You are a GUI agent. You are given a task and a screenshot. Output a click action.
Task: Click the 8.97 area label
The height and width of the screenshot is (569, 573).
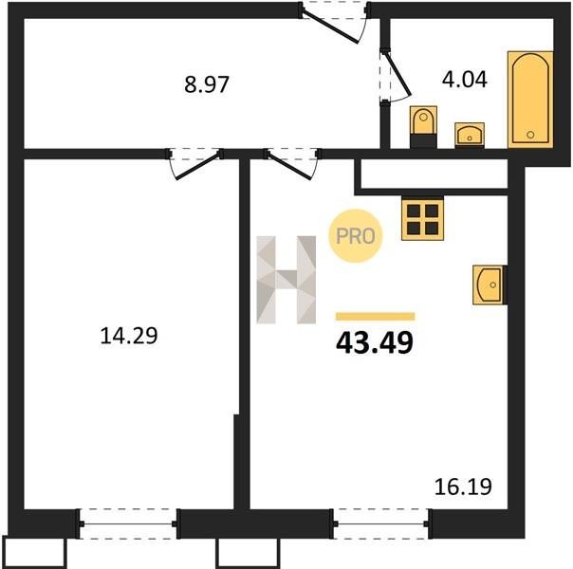[207, 84]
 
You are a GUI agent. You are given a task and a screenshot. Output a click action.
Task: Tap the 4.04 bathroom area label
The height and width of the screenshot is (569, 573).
[465, 80]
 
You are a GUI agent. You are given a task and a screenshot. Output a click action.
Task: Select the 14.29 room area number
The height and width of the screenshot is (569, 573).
[129, 336]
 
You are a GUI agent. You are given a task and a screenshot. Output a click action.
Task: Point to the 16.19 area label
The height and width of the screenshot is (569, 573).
[463, 486]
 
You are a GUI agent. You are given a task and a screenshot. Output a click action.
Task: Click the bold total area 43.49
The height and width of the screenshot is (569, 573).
[375, 343]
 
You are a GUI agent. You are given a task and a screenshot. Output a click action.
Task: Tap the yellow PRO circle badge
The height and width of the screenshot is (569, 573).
[356, 236]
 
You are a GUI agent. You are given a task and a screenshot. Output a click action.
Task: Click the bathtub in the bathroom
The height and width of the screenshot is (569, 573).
[530, 100]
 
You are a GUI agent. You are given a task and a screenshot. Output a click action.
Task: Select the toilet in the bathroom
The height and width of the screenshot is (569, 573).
[423, 127]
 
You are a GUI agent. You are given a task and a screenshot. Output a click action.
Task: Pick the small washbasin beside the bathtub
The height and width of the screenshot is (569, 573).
[470, 135]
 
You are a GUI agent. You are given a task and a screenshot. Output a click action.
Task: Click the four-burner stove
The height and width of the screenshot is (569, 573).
[423, 219]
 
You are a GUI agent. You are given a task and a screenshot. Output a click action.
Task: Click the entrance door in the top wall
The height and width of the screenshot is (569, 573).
[334, 22]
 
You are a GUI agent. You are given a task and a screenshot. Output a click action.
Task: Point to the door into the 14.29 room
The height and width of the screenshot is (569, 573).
[194, 164]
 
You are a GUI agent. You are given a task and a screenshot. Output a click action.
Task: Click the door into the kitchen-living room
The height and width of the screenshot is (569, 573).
[293, 164]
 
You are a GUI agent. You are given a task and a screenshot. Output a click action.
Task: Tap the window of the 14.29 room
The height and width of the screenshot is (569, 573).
[128, 524]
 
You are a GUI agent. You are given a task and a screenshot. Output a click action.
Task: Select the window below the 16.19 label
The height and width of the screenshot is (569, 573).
[381, 524]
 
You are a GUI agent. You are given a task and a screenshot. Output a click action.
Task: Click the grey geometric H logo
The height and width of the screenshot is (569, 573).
[286, 280]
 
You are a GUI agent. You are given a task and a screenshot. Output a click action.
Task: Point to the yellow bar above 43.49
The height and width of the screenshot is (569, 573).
[376, 317]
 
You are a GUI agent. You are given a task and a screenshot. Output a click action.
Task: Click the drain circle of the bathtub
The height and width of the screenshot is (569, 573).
[530, 135]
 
